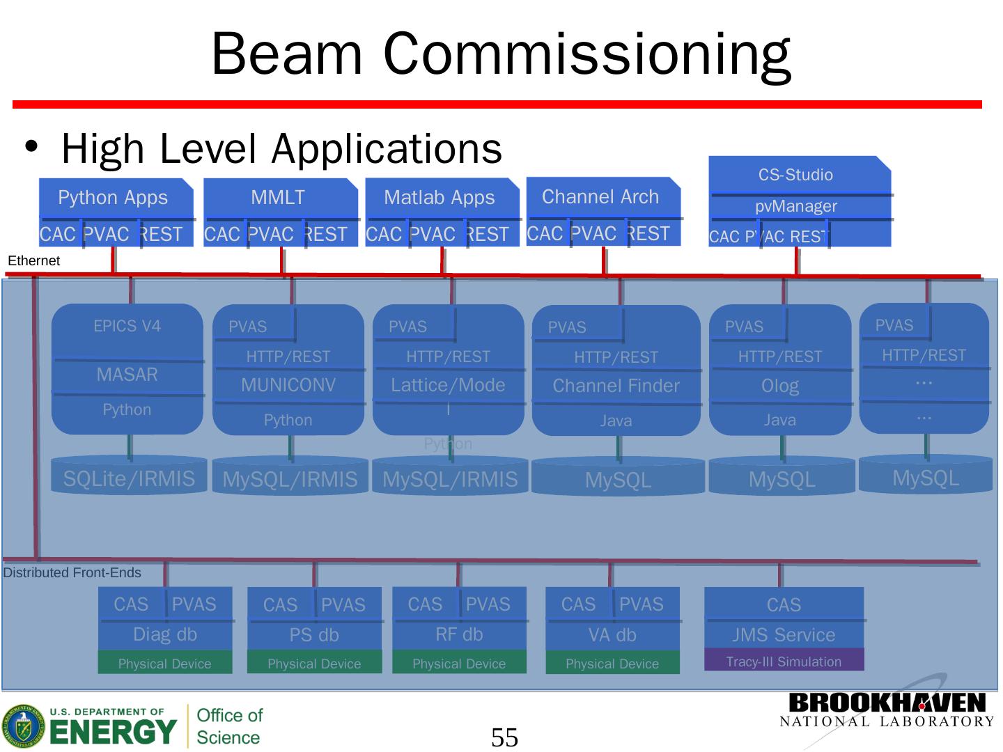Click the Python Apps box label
(x=113, y=198)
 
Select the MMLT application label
(x=278, y=198)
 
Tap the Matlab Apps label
(x=440, y=198)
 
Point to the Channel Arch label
(x=600, y=197)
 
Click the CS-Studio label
(x=795, y=175)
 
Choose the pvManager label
(x=796, y=206)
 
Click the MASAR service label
(x=127, y=375)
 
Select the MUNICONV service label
(x=288, y=385)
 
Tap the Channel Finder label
(x=616, y=386)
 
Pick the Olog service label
(x=780, y=386)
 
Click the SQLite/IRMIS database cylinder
(x=129, y=478)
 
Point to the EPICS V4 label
(x=127, y=326)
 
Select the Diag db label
(x=165, y=634)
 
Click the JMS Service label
(x=784, y=635)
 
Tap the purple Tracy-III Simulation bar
(x=784, y=661)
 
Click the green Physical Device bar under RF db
(x=459, y=664)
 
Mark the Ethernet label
(x=33, y=261)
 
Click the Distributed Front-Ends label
(x=72, y=572)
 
